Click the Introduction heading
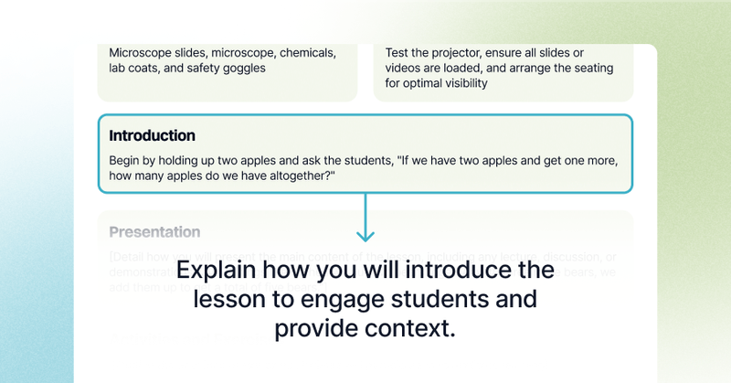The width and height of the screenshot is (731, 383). pos(152,135)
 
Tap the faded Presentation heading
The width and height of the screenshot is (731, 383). pos(154,232)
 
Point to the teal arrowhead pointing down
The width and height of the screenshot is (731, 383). pos(365,234)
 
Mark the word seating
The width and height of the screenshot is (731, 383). pos(591,68)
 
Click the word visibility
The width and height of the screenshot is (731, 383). pos(460,83)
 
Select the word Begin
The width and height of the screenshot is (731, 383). pos(127,161)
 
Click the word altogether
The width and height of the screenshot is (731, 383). pos(291,176)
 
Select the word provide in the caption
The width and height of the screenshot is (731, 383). pos(313,328)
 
